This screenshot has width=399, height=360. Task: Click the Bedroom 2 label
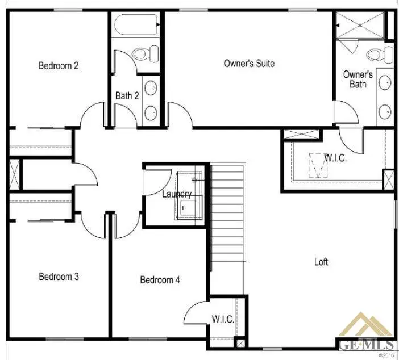[58, 66]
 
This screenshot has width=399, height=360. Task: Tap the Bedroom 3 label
[59, 277]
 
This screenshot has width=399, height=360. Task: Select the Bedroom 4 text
[160, 280]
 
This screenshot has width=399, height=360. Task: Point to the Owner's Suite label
[249, 64]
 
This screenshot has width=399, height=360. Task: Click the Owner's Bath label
[358, 79]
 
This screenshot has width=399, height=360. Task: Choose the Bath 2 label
[127, 96]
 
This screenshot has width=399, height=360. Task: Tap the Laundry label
[177, 194]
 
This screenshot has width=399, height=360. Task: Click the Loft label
[321, 262]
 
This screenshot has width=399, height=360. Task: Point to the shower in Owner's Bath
[358, 26]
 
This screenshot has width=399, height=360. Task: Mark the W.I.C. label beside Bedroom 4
[222, 320]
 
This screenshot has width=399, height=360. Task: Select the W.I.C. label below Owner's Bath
[335, 158]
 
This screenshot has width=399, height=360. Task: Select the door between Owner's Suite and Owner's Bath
[345, 112]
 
